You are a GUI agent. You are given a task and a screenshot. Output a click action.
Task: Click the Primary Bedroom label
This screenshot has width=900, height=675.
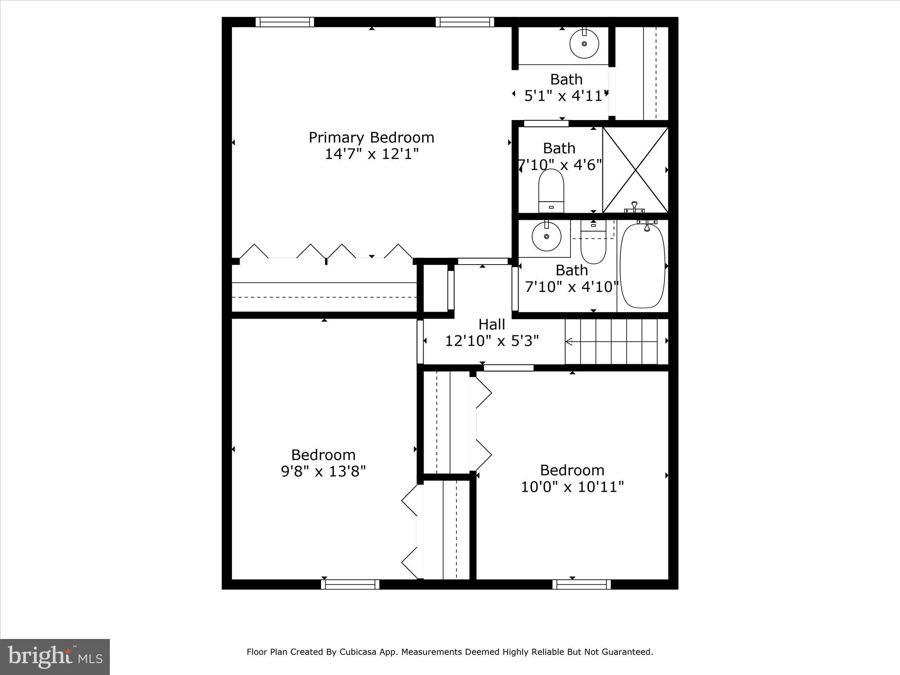(x=371, y=138)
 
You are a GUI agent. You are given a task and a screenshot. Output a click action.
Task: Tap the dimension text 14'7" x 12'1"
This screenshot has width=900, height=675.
(x=371, y=154)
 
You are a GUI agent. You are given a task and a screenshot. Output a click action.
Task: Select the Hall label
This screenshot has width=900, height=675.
(x=491, y=324)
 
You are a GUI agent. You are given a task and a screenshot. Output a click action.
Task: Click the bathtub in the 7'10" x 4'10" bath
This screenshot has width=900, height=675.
(x=642, y=266)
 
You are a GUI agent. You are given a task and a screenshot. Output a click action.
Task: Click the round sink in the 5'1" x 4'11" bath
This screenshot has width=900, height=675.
(x=584, y=44)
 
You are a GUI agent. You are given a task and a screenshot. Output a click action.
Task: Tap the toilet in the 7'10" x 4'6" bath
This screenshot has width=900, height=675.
(x=551, y=191)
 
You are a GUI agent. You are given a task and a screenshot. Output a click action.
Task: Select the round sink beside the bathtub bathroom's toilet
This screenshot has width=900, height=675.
(x=546, y=236)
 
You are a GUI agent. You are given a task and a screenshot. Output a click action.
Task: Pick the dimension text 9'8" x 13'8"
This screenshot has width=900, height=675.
(x=323, y=472)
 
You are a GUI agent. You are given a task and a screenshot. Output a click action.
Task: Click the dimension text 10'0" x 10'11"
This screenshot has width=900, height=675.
(x=572, y=487)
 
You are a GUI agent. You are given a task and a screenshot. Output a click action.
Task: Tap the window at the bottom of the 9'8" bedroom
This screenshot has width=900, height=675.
(x=350, y=584)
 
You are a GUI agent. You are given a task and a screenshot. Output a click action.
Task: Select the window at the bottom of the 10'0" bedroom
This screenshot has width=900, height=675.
(x=581, y=584)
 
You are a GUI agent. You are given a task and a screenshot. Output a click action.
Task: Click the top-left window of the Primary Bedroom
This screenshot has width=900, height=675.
(x=285, y=22)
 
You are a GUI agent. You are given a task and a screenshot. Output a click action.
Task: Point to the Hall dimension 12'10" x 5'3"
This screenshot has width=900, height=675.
(x=492, y=341)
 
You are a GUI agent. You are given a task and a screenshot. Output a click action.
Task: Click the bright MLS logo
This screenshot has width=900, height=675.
(x=55, y=657)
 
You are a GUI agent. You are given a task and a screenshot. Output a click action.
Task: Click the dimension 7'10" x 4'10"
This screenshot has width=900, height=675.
(x=572, y=287)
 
